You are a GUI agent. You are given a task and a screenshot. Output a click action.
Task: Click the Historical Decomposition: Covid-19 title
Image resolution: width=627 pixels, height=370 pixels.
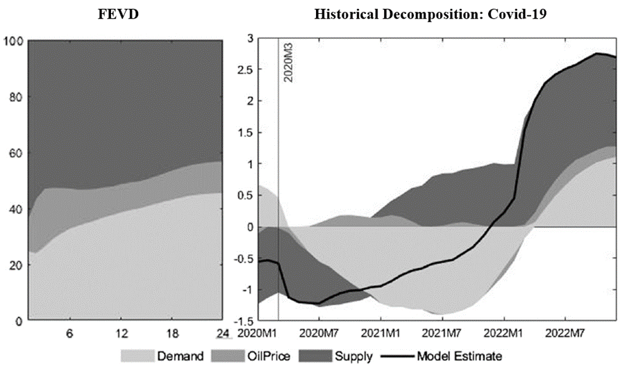click(x=431, y=14)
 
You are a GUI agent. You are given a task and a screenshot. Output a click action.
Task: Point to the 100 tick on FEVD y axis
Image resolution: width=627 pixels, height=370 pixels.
click(x=14, y=42)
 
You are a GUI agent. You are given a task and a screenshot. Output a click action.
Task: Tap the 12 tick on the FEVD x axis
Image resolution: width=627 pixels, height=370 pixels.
click(x=122, y=333)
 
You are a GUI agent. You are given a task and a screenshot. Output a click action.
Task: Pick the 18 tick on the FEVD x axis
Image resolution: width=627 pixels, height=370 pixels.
click(x=172, y=333)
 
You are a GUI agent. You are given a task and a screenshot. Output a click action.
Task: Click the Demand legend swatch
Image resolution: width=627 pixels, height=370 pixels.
click(x=135, y=356)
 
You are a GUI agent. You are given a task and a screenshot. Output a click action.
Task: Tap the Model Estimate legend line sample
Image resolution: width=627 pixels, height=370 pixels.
click(x=396, y=356)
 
